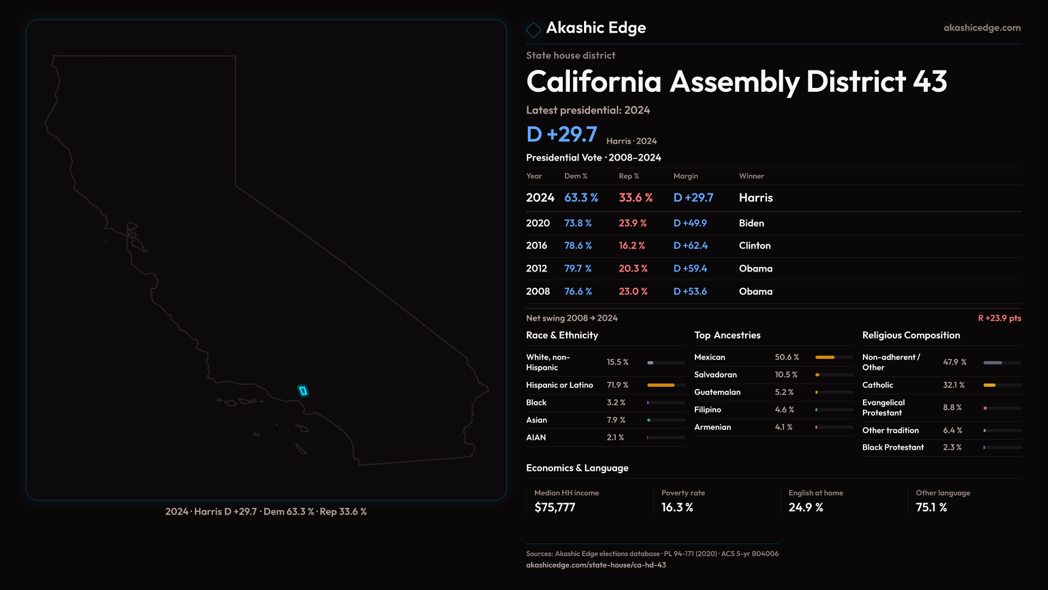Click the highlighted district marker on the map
pos(303,391)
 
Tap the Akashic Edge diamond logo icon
pos(533,29)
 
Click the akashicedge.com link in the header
pos(982,28)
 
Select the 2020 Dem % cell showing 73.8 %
pos(577,223)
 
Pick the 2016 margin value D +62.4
pos(690,246)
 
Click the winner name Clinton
pos(754,246)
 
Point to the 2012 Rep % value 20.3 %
pos(633,269)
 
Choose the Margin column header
pos(686,176)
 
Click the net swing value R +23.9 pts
pos(999,318)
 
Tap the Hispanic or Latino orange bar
pos(660,385)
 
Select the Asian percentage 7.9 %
pos(616,420)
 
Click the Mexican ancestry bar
pos(825,357)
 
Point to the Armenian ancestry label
pos(712,427)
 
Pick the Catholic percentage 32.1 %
pos(954,385)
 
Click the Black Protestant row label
pos(892,447)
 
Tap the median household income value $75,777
pos(555,508)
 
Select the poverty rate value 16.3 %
pos(677,508)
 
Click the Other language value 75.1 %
pos(931,508)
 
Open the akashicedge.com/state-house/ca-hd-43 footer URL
pos(596,565)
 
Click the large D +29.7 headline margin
pos(561,134)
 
